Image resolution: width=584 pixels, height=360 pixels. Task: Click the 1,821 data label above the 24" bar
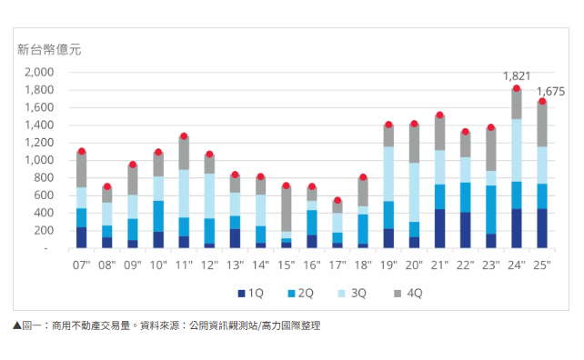pyautogui.click(x=516, y=76)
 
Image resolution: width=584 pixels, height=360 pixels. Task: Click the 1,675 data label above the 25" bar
pyautogui.click(x=551, y=91)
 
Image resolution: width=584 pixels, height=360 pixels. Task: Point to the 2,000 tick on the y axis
pyautogui.click(x=39, y=73)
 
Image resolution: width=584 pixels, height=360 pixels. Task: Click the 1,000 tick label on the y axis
pyautogui.click(x=39, y=160)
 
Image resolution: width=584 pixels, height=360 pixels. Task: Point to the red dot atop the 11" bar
pyautogui.click(x=184, y=136)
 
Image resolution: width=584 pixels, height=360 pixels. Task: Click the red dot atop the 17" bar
pyautogui.click(x=337, y=200)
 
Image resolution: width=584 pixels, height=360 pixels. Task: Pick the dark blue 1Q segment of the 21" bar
pyautogui.click(x=439, y=228)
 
